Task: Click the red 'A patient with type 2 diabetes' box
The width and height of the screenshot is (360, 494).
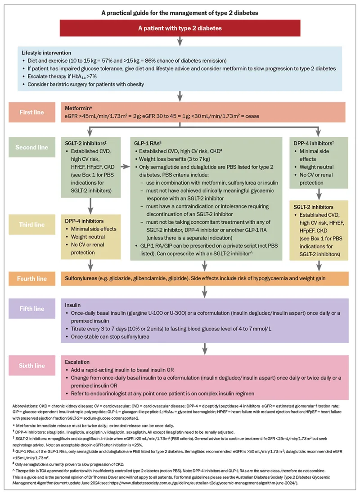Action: click(180, 28)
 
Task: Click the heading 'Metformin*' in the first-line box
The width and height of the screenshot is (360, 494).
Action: click(79, 108)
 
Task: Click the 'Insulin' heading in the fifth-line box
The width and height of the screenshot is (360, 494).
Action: click(73, 304)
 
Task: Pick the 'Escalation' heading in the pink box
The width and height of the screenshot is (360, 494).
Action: click(77, 361)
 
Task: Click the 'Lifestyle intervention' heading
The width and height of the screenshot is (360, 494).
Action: click(46, 53)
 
